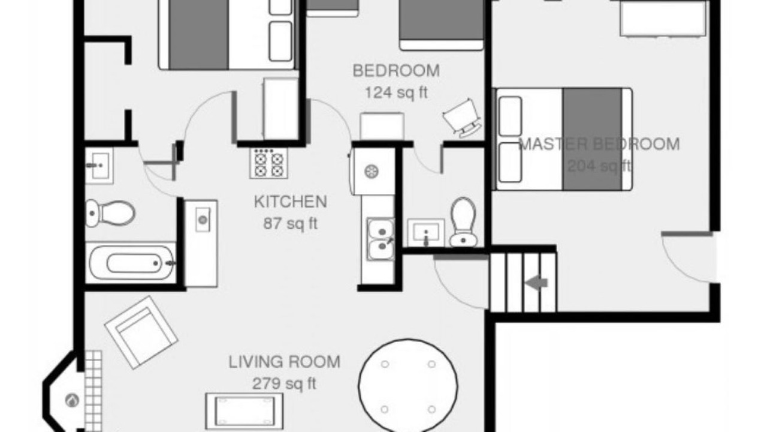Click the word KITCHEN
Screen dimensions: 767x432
[x=291, y=202]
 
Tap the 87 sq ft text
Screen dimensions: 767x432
[x=291, y=224]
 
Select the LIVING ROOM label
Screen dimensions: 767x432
[x=284, y=362]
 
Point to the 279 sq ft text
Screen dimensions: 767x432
[x=284, y=383]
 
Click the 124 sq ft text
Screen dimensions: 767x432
[x=396, y=92]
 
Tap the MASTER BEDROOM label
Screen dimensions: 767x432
[x=599, y=144]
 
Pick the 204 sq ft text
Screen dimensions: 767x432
[x=599, y=166]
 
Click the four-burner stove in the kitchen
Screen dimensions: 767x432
[x=269, y=163]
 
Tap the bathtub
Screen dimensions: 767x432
[x=131, y=263]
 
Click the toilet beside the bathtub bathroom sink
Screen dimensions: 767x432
[x=110, y=213]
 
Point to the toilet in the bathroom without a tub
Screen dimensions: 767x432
[x=463, y=222]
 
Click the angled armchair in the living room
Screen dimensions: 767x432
[x=141, y=332]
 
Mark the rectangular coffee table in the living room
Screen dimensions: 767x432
[x=244, y=411]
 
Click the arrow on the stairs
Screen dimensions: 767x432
[x=536, y=283]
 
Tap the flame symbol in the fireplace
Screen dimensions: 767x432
[x=73, y=400]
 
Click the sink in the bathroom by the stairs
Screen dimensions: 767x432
[x=426, y=232]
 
